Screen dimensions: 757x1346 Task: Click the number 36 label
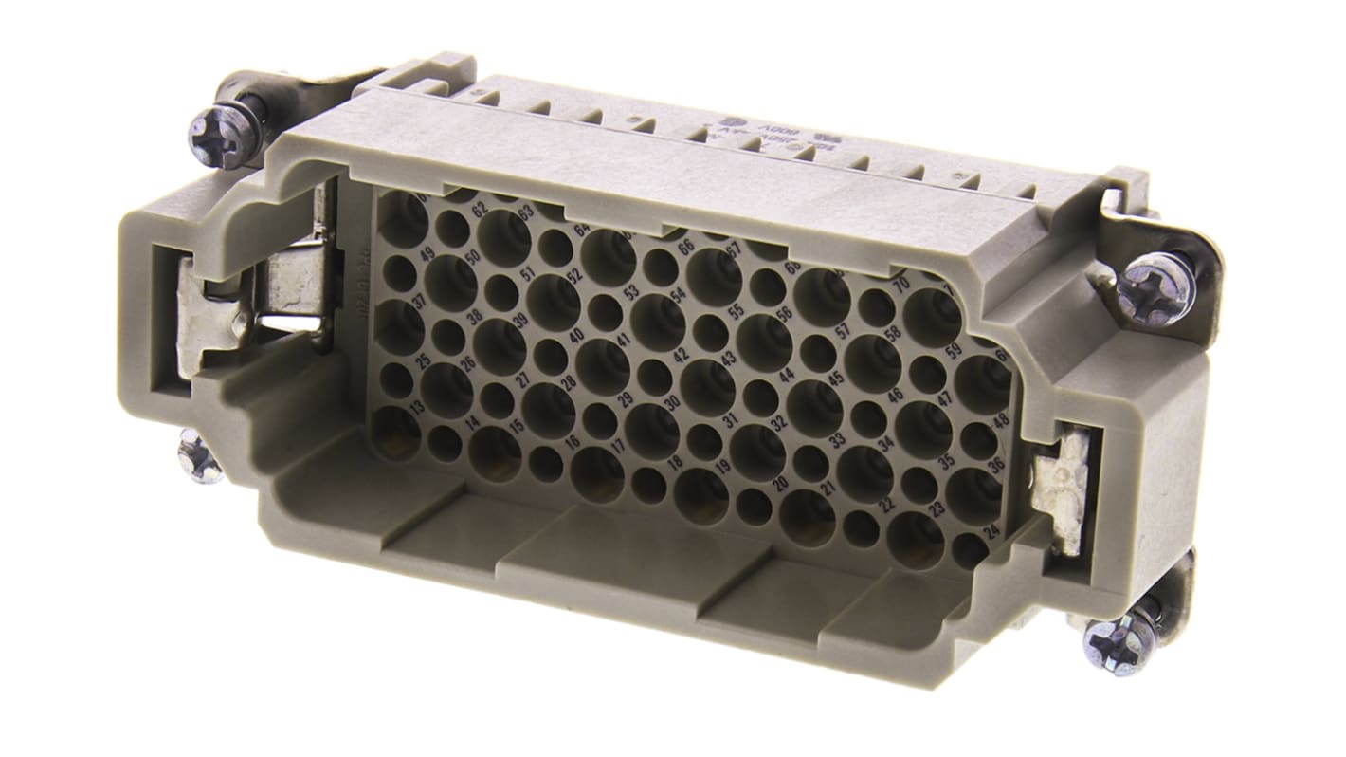(x=996, y=466)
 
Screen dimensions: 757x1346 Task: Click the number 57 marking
(x=840, y=332)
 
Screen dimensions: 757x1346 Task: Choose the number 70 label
(x=901, y=282)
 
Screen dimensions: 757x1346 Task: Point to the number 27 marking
(x=523, y=378)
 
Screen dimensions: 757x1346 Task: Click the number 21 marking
(x=828, y=489)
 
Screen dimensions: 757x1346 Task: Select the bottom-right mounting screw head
(x=1119, y=644)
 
